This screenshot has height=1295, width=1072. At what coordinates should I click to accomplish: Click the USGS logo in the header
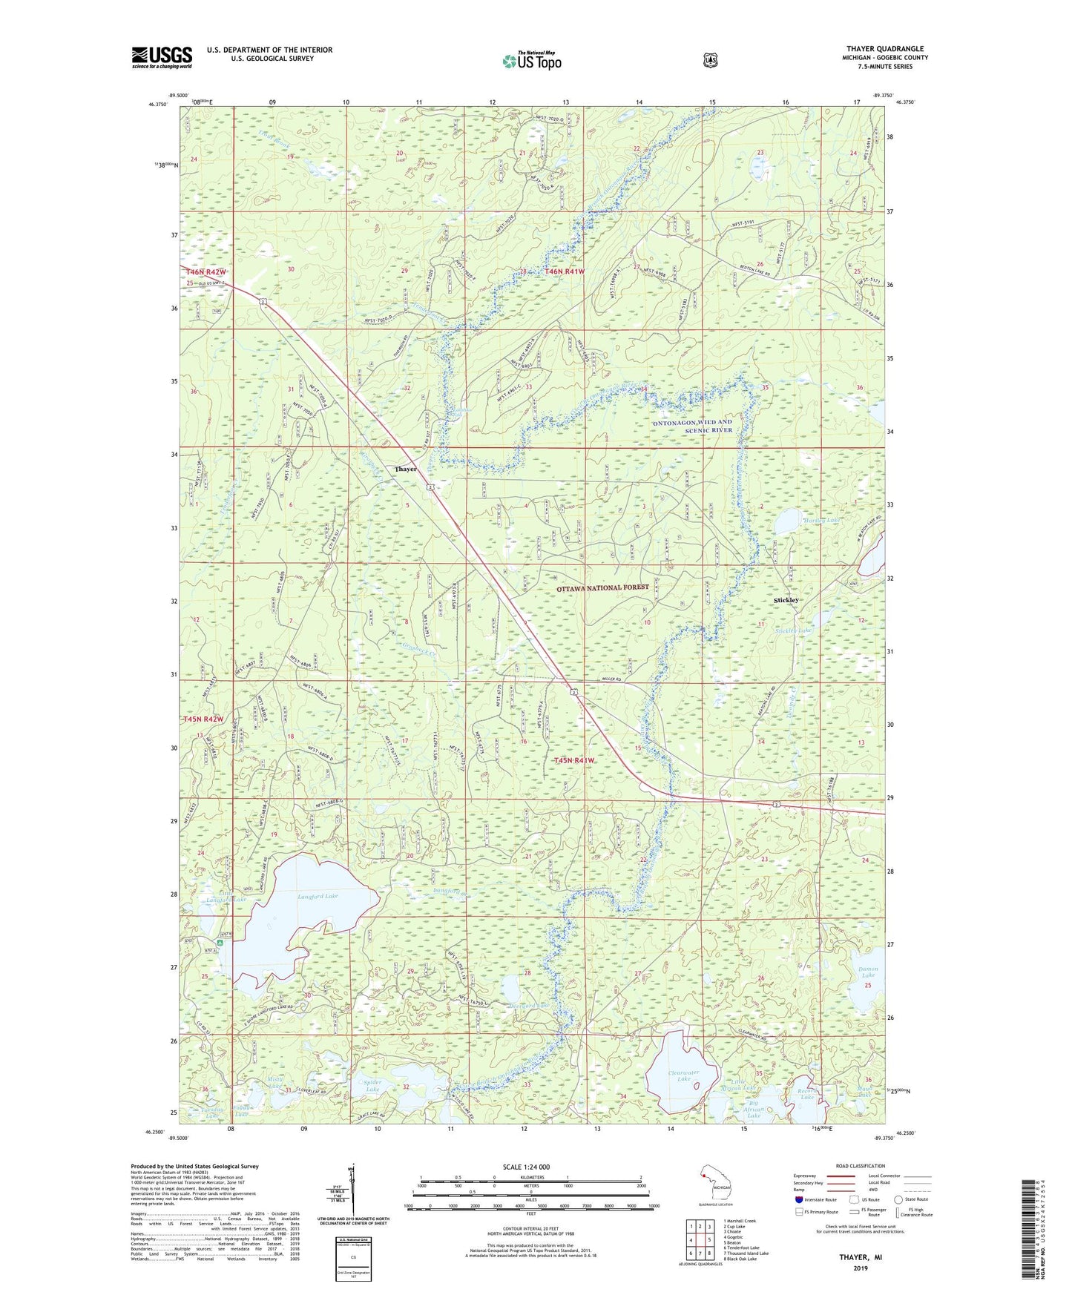(162, 57)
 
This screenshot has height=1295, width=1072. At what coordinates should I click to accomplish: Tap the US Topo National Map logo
(531, 61)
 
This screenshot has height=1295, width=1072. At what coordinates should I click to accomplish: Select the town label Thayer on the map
(406, 469)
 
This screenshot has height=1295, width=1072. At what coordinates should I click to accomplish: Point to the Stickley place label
(786, 600)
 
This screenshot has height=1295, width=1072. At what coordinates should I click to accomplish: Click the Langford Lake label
(318, 896)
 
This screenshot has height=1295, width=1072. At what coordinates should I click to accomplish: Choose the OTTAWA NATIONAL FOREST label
(602, 587)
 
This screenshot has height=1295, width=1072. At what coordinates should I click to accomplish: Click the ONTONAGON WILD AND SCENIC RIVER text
(692, 426)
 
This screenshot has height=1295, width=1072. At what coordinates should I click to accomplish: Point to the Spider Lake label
(372, 1086)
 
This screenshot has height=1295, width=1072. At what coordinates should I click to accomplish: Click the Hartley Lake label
(822, 521)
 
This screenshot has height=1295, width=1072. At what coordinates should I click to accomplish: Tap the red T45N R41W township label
(574, 760)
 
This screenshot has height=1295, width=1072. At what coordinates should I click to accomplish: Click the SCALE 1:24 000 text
(531, 1167)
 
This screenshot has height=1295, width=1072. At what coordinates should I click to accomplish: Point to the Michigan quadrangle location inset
(716, 1185)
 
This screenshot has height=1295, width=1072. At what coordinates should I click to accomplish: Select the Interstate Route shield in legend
(798, 1199)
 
